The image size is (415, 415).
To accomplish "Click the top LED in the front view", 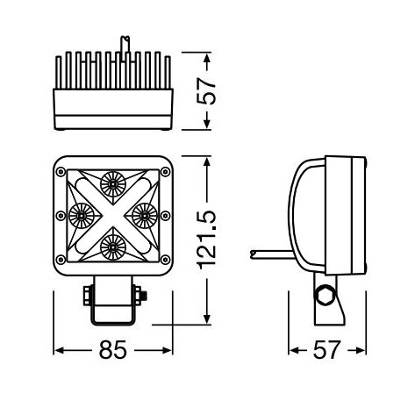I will pos(112,183).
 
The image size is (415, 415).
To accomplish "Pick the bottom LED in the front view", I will pos(112,246).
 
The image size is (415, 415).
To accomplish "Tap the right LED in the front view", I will pos(144,214).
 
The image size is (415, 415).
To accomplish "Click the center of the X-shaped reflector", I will pos(112,214).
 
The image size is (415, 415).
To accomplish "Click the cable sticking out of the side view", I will pos(268,253).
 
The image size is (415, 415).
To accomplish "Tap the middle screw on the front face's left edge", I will pos(61,214).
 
